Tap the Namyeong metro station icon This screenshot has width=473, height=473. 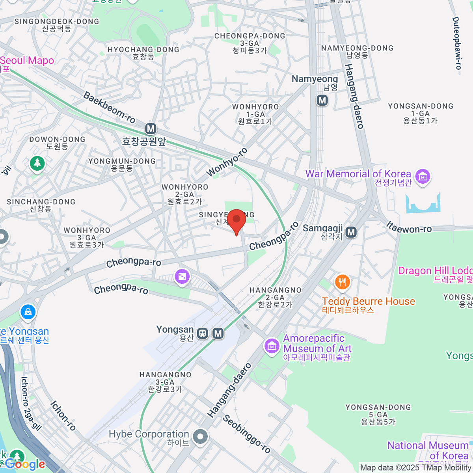[x=322, y=100]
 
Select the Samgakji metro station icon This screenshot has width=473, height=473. [x=351, y=233]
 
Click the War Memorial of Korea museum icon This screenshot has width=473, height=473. [x=423, y=176]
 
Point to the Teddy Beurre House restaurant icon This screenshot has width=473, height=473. [x=342, y=282]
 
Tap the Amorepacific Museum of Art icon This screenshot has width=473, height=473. [x=272, y=346]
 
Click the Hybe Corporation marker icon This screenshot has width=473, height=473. [x=201, y=437]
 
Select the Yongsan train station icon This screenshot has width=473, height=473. [x=203, y=333]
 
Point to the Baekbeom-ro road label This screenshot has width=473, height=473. [x=109, y=108]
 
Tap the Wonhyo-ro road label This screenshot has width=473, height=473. [x=227, y=162]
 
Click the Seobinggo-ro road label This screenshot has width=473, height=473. [x=247, y=434]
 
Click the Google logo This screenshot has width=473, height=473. [x=25, y=464]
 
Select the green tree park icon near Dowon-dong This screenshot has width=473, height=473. [x=37, y=163]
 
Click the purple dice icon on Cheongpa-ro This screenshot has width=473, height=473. [x=182, y=277]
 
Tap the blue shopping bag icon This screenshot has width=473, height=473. [x=28, y=312]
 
